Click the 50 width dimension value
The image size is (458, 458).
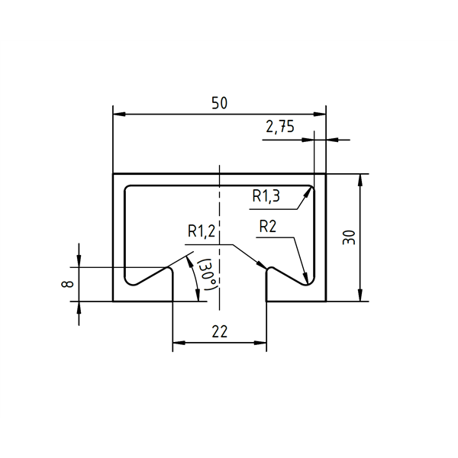[219, 104]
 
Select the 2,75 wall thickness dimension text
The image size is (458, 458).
[280, 127]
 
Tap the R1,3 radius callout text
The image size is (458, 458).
[266, 196]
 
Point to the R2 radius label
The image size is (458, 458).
[268, 226]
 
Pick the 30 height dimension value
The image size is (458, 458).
[350, 237]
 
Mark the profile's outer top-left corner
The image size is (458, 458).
[113, 174]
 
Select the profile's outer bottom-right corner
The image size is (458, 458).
[326, 302]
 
